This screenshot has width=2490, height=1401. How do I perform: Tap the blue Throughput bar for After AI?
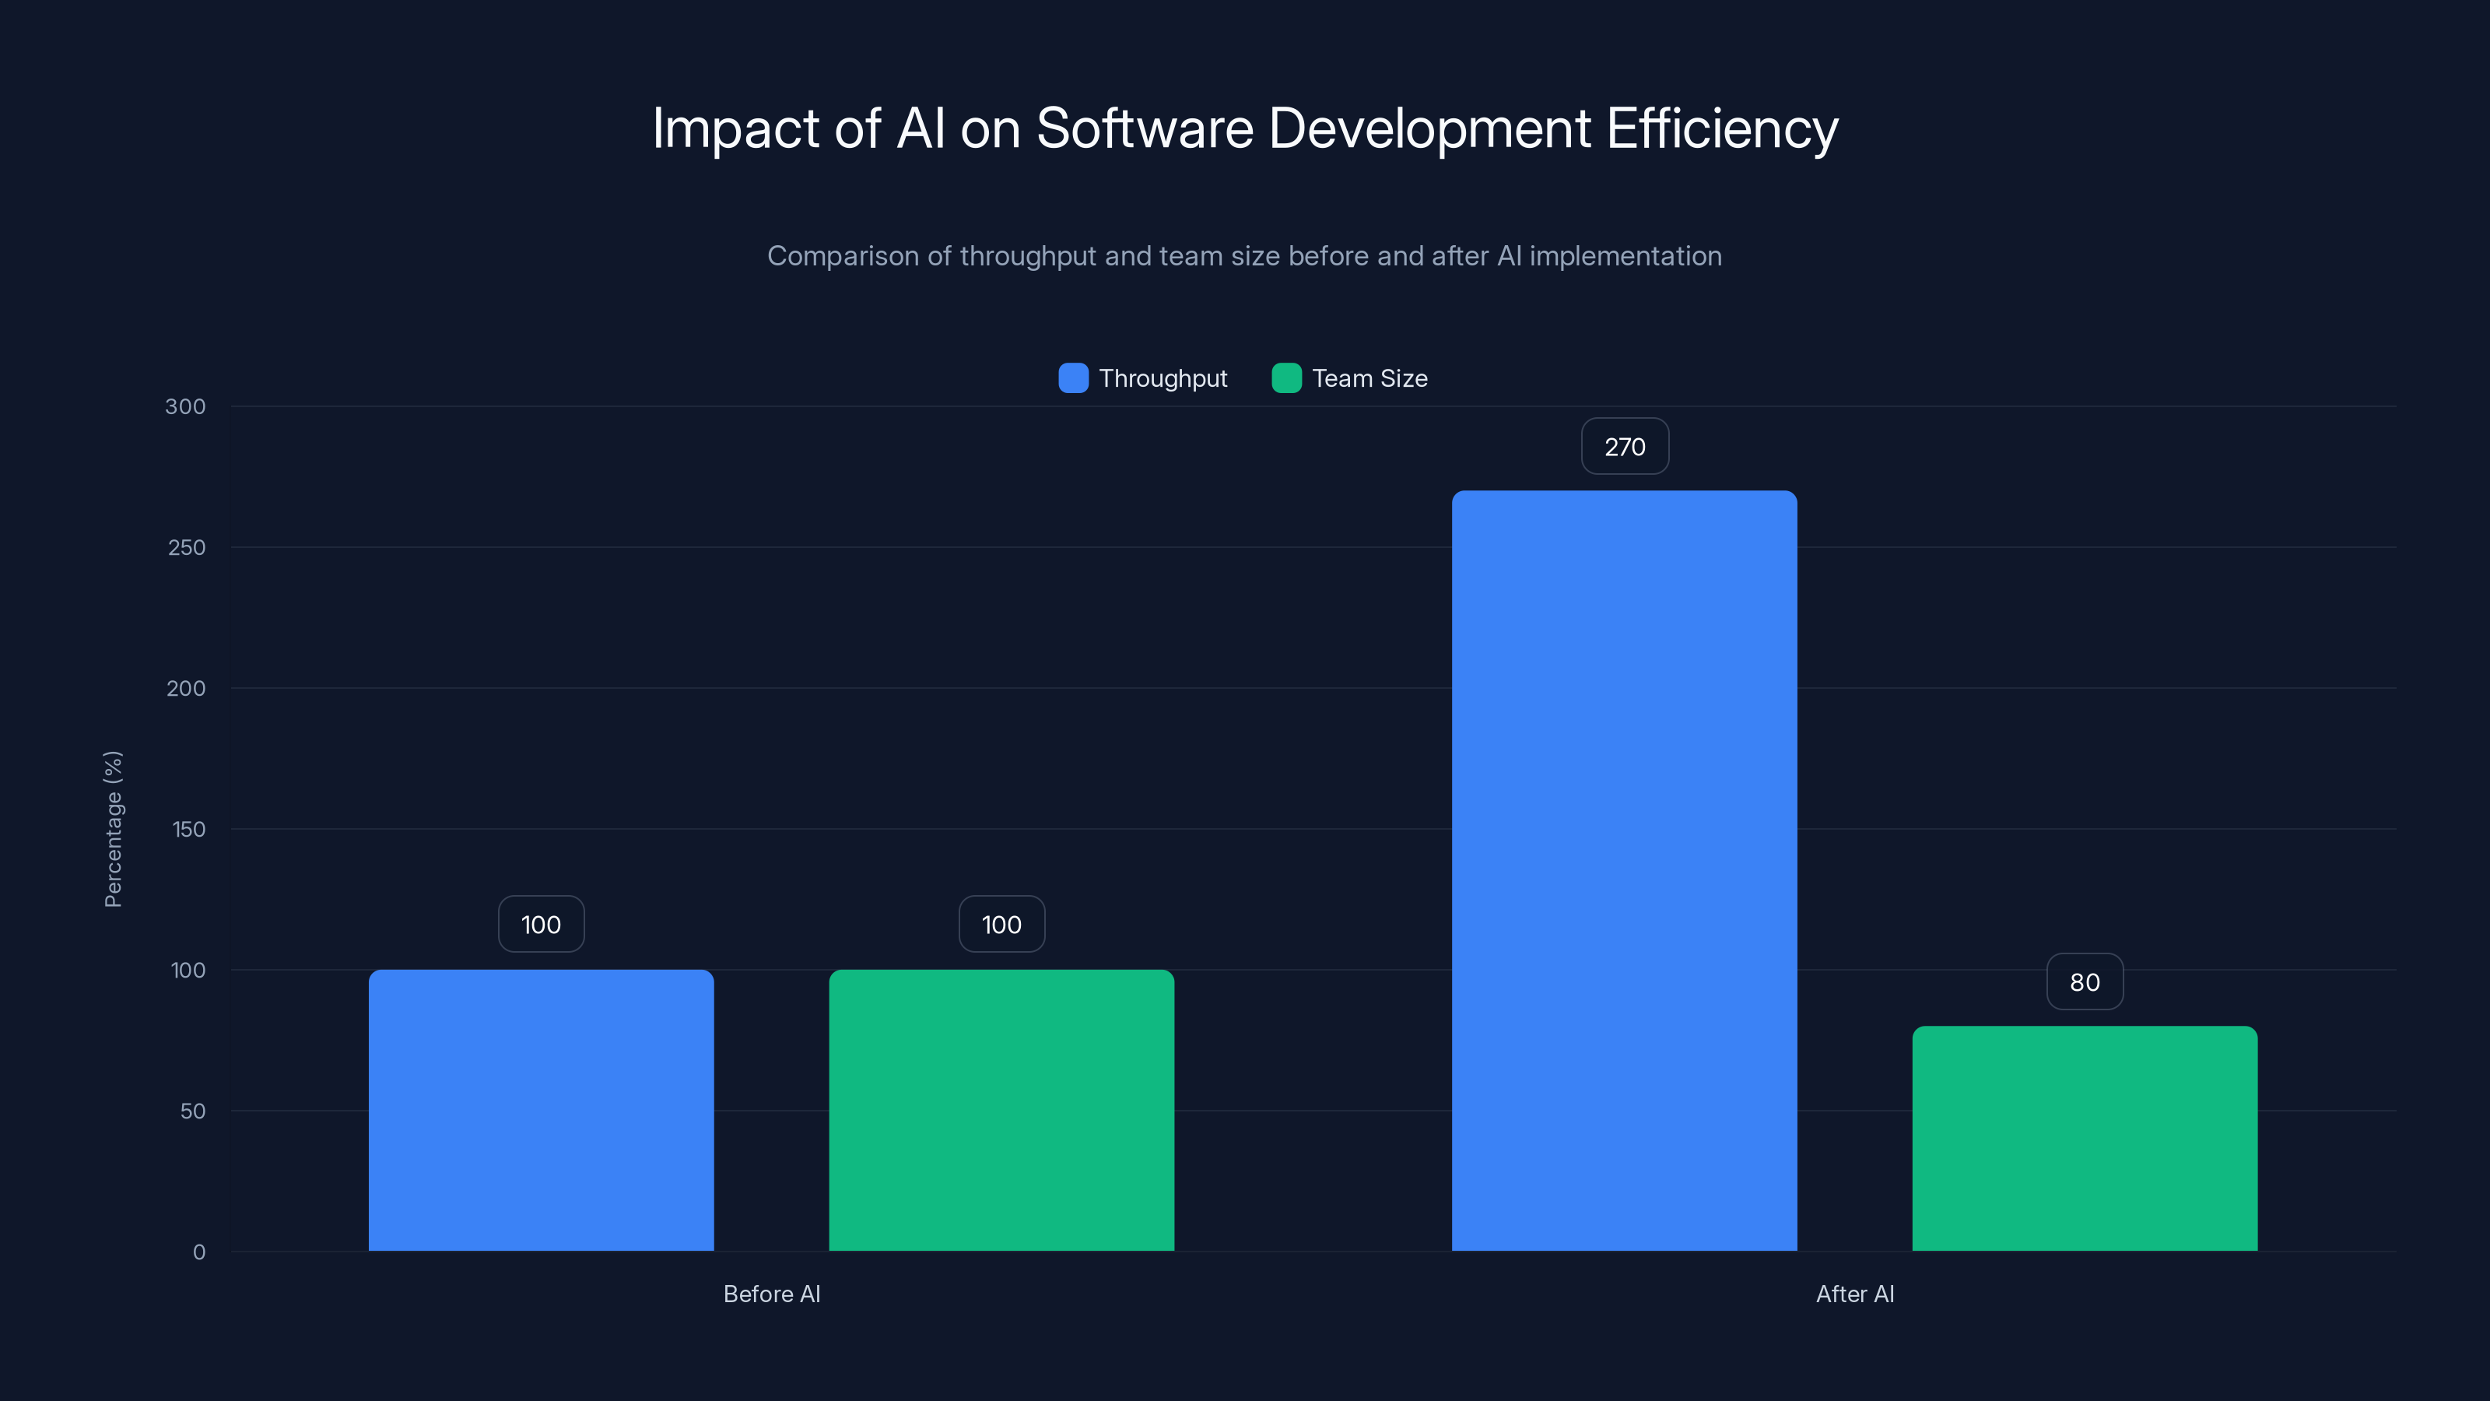pyautogui.click(x=1624, y=870)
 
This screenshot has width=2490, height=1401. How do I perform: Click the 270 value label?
pyautogui.click(x=1624, y=447)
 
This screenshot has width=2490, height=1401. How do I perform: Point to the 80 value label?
pyautogui.click(x=2084, y=982)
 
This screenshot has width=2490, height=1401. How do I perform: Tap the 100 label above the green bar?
pyautogui.click(x=1001, y=925)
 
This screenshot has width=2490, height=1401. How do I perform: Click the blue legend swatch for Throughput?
pyautogui.click(x=1073, y=378)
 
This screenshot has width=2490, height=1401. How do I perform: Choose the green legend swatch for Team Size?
pyautogui.click(x=1285, y=378)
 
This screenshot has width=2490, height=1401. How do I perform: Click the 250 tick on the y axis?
pyautogui.click(x=187, y=548)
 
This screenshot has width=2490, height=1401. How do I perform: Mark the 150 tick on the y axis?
pyautogui.click(x=188, y=830)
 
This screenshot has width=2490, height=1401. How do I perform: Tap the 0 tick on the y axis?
pyautogui.click(x=199, y=1252)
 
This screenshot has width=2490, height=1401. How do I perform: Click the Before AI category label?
pyautogui.click(x=771, y=1294)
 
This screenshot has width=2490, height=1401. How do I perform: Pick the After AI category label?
pyautogui.click(x=1854, y=1294)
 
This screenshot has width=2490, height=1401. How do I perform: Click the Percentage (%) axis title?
pyautogui.click(x=113, y=830)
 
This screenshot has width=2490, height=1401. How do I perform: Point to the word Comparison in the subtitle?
pyautogui.click(x=842, y=256)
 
